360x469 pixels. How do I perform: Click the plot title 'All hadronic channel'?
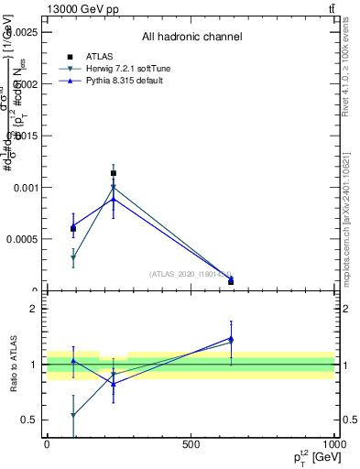click(x=191, y=38)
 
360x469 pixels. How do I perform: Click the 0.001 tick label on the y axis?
click(x=25, y=187)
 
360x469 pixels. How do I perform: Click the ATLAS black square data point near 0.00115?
click(x=114, y=172)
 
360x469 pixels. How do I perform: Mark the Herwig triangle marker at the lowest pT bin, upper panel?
click(x=73, y=258)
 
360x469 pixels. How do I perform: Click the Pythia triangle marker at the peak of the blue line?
click(x=114, y=199)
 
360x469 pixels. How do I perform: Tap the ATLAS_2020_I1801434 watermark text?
click(x=190, y=273)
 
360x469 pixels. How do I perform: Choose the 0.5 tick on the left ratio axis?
click(x=28, y=420)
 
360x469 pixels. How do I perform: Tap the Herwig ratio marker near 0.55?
click(x=73, y=415)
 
